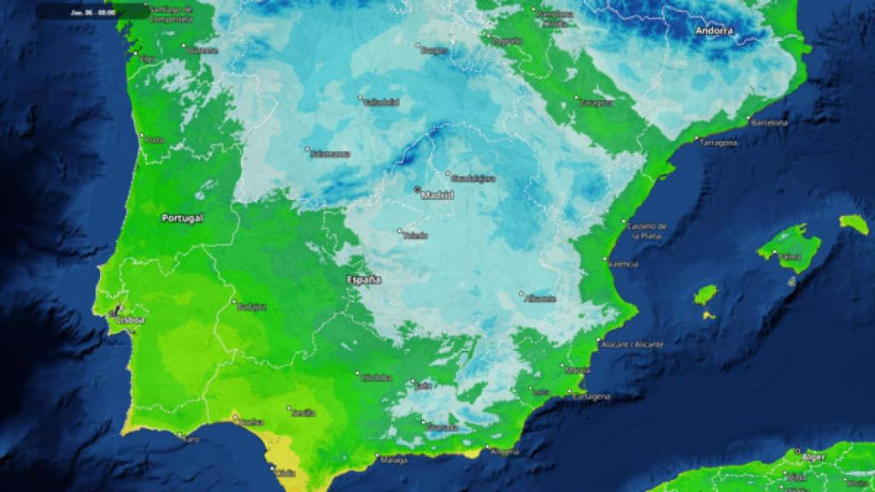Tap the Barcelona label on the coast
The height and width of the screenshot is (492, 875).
[769, 123]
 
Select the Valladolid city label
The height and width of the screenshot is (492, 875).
[382, 102]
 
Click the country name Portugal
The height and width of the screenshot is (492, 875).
[182, 219]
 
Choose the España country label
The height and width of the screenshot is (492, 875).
[365, 280]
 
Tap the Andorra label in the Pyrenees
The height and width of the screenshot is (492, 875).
[714, 32]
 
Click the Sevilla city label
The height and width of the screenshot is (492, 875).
[303, 413]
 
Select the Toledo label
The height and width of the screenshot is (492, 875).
[416, 236]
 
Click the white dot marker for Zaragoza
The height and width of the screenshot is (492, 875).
[576, 98]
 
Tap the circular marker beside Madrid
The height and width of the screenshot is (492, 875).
[417, 189]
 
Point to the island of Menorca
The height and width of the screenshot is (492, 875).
[854, 224]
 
